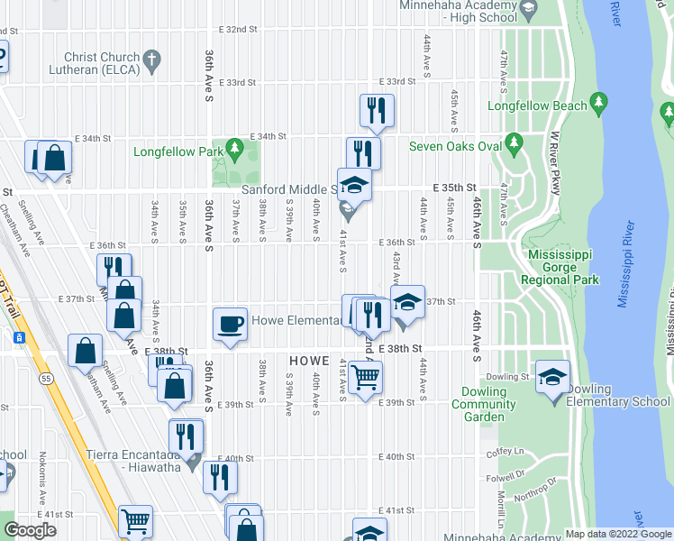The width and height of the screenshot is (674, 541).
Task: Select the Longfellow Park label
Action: pyautogui.click(x=177, y=151)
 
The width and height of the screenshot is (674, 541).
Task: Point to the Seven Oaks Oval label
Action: pyautogui.click(x=455, y=146)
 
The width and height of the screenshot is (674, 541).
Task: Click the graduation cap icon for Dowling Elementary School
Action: pyautogui.click(x=552, y=378)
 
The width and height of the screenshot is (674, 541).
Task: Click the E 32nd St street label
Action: pyautogui.click(x=238, y=30)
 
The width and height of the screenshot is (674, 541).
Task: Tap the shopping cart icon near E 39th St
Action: pyautogui.click(x=365, y=380)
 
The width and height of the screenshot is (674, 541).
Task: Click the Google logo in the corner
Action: pyautogui.click(x=30, y=530)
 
